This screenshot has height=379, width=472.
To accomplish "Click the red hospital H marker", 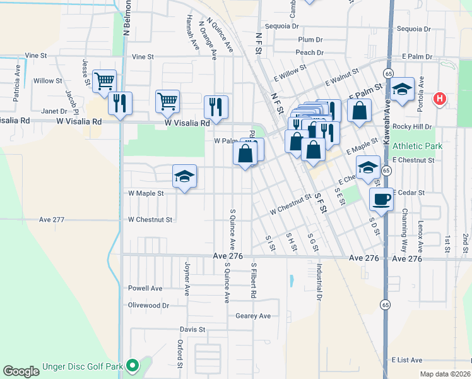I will (440, 99).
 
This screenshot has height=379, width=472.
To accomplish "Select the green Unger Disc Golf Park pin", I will (133, 365).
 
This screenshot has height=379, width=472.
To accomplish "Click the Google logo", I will (21, 371).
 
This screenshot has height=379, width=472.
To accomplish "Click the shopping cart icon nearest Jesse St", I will (104, 80).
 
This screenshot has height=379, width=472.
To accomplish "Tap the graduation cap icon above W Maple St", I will (184, 176).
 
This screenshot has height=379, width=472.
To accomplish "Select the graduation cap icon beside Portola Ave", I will (401, 90).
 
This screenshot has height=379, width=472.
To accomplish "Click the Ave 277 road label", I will (52, 220).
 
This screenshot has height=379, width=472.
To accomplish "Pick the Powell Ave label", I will (145, 288).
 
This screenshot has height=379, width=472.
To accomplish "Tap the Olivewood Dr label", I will (148, 304).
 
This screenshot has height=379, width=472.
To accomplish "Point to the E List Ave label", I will (406, 360).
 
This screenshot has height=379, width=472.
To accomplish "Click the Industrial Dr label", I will (320, 281).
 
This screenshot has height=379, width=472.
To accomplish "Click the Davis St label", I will (192, 330).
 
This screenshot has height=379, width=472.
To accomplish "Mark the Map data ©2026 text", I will (445, 374).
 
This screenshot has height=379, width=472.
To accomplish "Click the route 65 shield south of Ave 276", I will (384, 304).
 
